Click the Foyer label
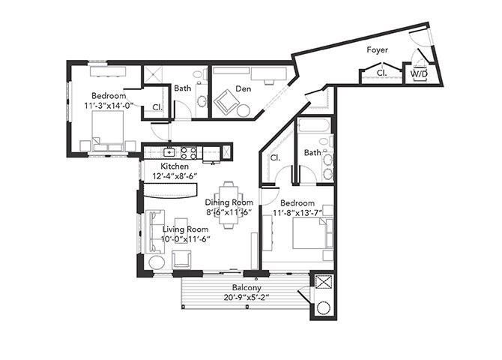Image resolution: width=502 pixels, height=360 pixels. pos(376,50)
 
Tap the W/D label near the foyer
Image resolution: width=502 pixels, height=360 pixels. pos(417,74)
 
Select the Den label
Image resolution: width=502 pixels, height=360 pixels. pos(243,88)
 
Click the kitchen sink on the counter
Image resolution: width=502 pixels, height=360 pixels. pos(170,152)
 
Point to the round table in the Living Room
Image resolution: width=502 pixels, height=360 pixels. pos(157,262)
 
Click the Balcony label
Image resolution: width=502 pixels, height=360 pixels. pos(247,287)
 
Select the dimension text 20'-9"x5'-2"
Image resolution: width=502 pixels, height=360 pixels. pos(247,298)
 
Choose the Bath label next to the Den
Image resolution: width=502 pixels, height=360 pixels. pos(183,88)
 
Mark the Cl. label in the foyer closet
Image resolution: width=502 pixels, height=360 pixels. pos(381,73)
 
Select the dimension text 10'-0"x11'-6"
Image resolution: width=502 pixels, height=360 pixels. pos(185,239)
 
